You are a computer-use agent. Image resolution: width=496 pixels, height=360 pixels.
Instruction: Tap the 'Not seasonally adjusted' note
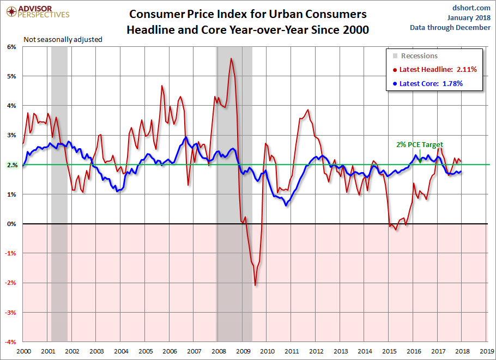63,39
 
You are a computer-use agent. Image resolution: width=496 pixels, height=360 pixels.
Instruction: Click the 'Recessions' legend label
419,56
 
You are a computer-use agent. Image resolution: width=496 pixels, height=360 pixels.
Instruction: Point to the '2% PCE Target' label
420,145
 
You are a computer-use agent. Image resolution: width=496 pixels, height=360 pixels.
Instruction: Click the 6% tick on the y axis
12,47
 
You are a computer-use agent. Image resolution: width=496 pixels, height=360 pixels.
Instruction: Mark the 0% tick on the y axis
12,224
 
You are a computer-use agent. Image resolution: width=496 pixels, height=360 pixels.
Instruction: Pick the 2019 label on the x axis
487,351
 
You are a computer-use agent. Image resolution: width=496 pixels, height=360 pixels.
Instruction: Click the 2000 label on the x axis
23,351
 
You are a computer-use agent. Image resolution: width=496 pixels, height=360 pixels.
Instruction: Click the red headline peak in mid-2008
232,58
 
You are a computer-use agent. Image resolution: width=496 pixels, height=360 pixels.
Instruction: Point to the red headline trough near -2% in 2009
255,285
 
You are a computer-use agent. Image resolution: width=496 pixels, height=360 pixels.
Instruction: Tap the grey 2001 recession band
59,191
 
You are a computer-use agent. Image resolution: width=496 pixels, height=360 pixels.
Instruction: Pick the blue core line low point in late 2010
287,203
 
